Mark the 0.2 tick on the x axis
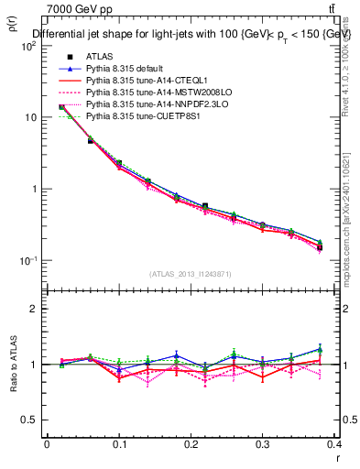tap(191, 444)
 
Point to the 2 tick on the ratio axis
tap(33, 309)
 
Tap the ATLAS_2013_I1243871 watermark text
tap(191, 274)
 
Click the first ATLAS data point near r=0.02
tap(61, 107)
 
